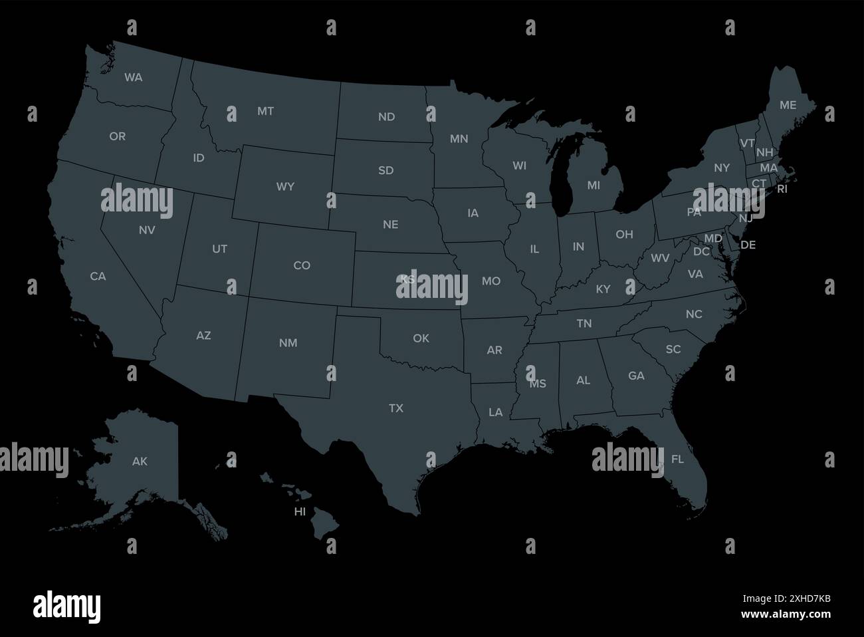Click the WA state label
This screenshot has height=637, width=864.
(133, 77)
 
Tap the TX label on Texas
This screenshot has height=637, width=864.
(395, 408)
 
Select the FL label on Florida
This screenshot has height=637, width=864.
(677, 459)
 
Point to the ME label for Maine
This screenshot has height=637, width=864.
(788, 105)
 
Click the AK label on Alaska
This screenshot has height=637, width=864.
(140, 461)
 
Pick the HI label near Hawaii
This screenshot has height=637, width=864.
(300, 511)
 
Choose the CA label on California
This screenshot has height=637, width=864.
(98, 276)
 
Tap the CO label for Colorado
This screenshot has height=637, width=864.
(302, 265)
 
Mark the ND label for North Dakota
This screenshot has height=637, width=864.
(386, 117)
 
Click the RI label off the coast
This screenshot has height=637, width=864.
(782, 189)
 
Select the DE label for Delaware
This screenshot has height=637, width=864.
(748, 245)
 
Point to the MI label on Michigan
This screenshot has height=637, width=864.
(594, 186)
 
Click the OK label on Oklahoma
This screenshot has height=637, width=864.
(421, 338)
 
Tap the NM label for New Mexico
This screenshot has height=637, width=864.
(288, 343)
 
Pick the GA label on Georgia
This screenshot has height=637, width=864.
(636, 376)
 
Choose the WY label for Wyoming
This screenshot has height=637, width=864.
(285, 187)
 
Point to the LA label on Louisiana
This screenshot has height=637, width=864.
(495, 412)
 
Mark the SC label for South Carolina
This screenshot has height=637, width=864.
(673, 349)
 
